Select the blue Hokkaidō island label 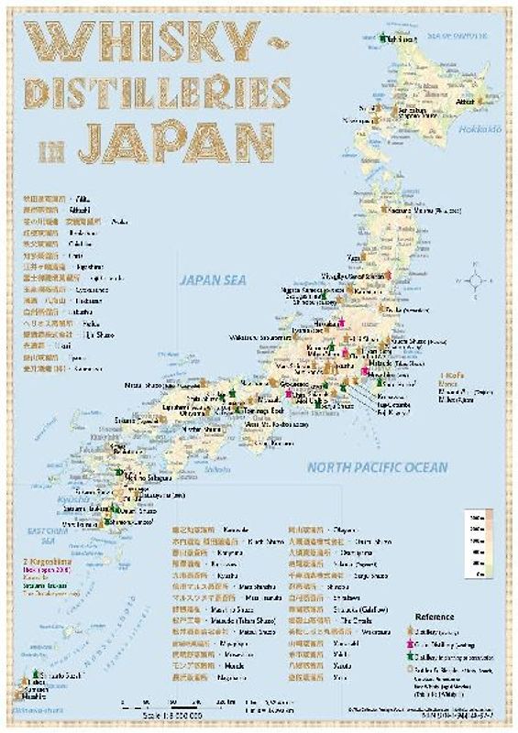(476, 127)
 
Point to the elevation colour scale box (477, 549)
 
